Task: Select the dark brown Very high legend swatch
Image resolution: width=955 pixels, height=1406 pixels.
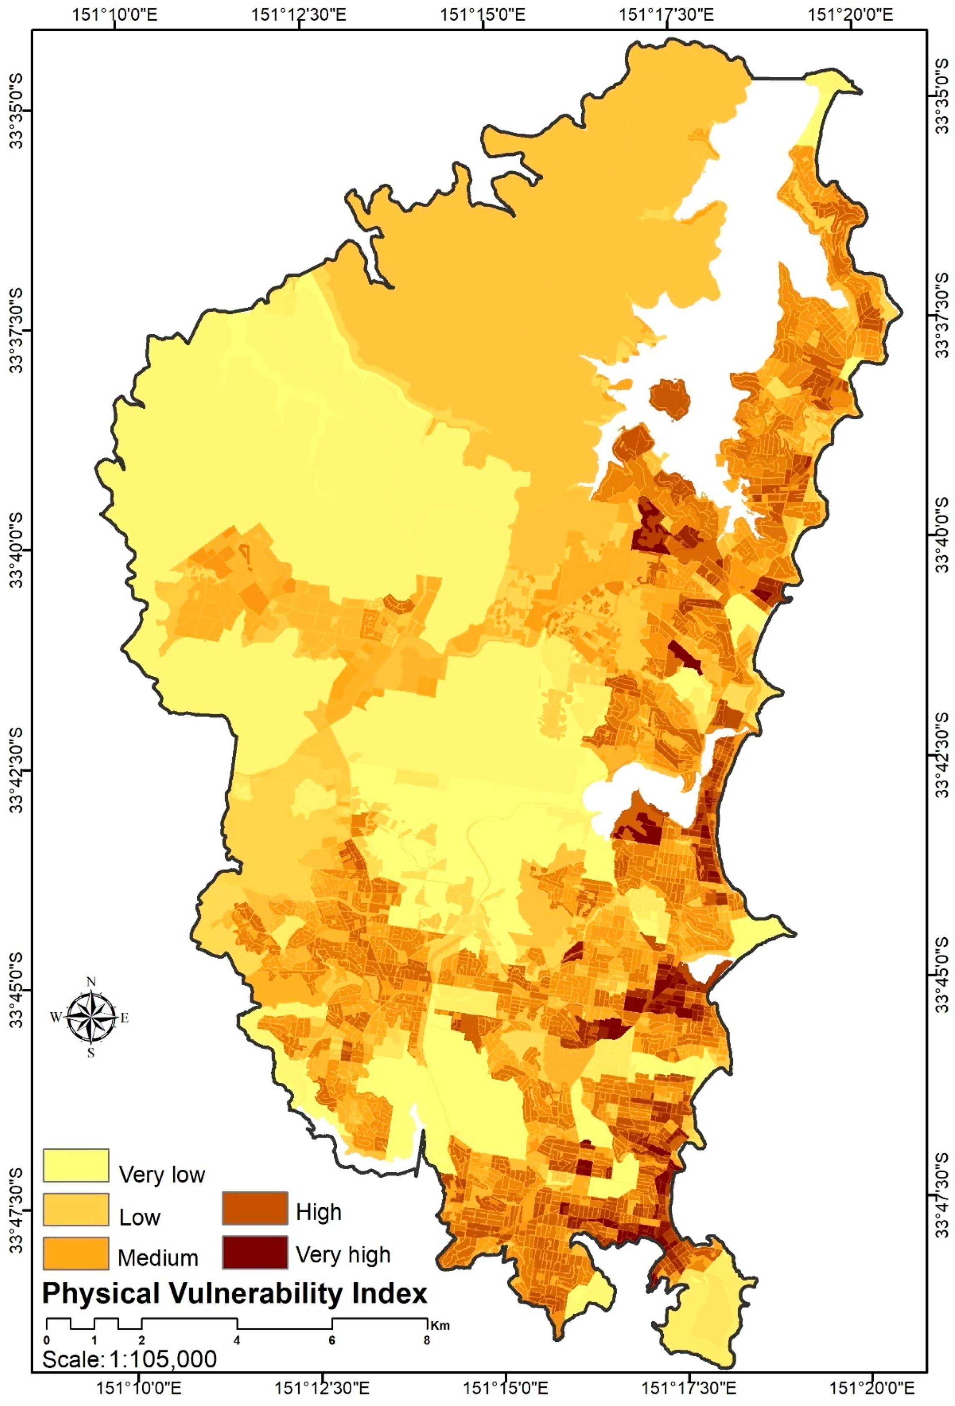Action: [254, 1251]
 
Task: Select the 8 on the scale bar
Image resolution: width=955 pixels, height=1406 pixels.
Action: [427, 1340]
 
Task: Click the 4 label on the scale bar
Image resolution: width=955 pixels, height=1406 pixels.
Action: [237, 1340]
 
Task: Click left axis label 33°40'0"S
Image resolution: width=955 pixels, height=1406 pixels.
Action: [16, 549]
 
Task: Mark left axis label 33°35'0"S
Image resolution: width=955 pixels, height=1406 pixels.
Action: [16, 109]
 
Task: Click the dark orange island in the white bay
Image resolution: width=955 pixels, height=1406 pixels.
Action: [670, 399]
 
